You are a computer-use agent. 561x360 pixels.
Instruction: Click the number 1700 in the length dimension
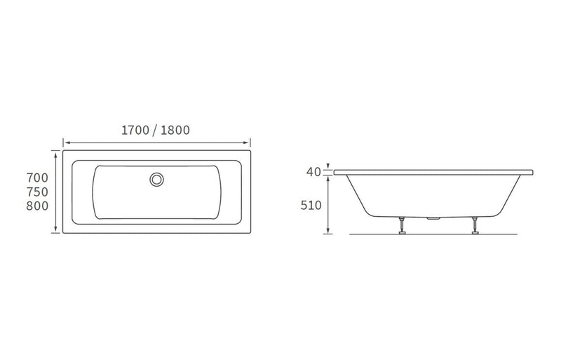click(x=136, y=130)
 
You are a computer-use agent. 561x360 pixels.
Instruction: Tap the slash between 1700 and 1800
click(x=156, y=130)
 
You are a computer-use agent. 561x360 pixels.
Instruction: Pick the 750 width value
click(x=36, y=192)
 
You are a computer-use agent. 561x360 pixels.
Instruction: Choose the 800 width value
click(x=36, y=206)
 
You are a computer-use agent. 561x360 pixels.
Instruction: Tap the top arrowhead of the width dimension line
click(x=55, y=151)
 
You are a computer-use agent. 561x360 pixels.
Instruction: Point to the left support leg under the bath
click(x=403, y=225)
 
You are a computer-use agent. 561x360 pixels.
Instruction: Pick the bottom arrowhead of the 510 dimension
click(x=328, y=231)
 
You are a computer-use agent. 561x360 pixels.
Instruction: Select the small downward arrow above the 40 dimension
click(x=328, y=166)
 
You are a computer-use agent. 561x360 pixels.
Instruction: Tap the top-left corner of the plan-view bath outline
click(x=63, y=149)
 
